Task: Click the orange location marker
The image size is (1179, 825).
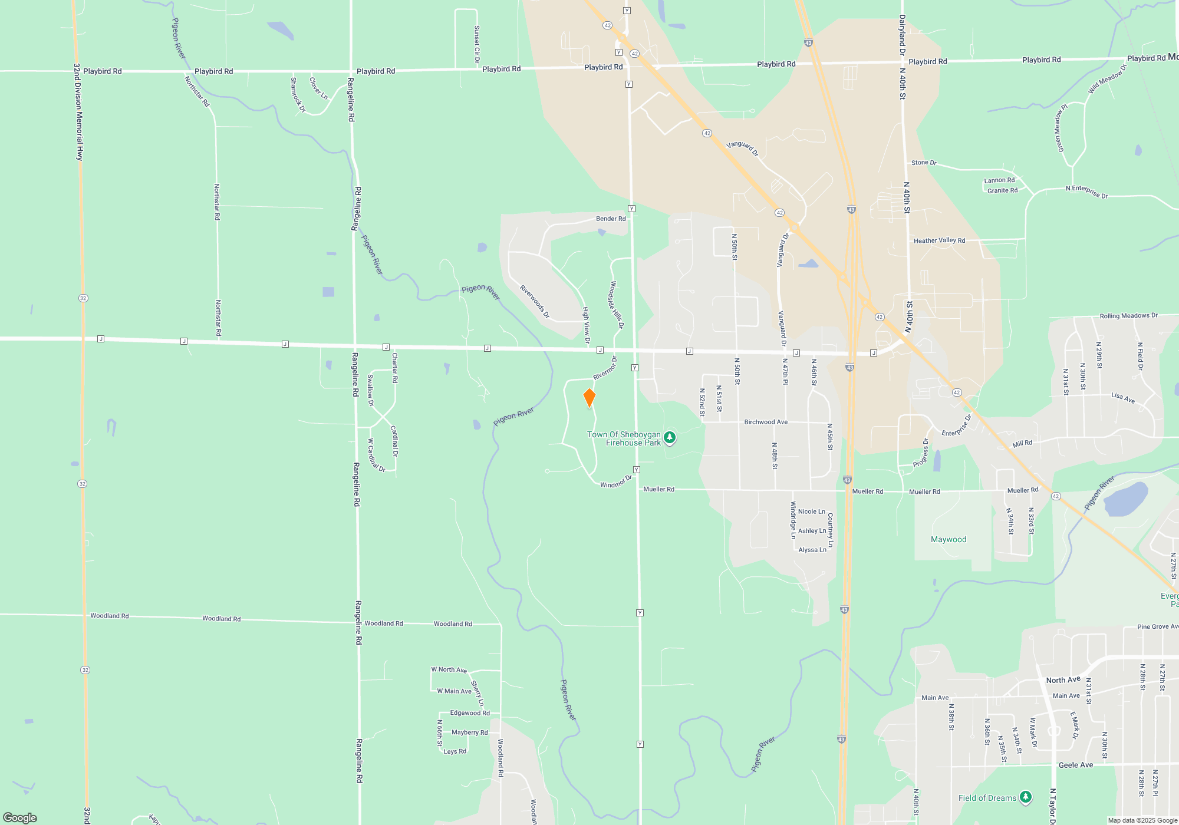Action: click(x=589, y=398)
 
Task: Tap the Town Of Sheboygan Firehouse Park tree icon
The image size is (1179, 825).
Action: click(x=669, y=438)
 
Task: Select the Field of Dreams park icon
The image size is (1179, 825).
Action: click(x=1026, y=797)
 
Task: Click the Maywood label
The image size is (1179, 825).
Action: click(x=949, y=539)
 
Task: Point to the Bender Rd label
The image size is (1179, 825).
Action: click(x=611, y=219)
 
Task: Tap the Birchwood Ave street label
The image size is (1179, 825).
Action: click(x=766, y=422)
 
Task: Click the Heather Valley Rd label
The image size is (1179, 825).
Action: click(x=939, y=240)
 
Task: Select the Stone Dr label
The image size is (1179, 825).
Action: click(x=924, y=163)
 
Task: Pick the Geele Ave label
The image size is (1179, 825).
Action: click(x=1076, y=765)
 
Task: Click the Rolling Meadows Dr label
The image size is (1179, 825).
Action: click(x=1128, y=316)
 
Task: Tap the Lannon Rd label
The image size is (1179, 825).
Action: click(x=999, y=180)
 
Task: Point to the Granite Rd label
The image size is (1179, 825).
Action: click(x=1002, y=190)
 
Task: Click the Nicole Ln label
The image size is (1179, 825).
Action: click(x=811, y=511)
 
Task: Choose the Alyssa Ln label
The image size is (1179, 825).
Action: click(x=812, y=550)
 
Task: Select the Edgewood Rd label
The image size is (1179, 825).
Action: click(x=470, y=713)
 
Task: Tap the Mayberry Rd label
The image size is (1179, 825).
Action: click(x=469, y=732)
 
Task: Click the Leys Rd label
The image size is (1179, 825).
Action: click(x=455, y=751)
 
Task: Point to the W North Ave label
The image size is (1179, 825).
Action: click(x=449, y=669)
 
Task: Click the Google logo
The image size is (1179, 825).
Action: click(x=20, y=818)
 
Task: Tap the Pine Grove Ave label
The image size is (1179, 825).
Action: click(x=1157, y=626)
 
